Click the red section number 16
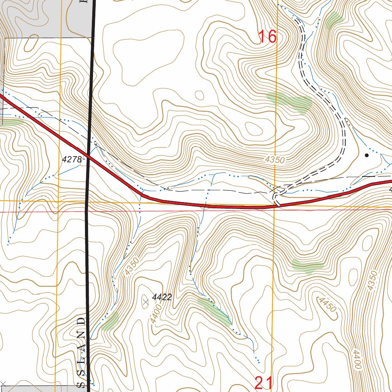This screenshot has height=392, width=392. coord(267,37)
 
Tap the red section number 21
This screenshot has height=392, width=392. coord(264,383)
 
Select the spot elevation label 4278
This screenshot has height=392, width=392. coord(72,160)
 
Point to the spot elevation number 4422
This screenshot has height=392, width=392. coord(162,297)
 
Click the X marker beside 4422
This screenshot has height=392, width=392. coord(145,302)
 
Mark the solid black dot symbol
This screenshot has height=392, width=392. coord(366,155)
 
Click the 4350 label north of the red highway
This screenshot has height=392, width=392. coord(274,160)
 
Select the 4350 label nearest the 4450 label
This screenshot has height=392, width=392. coord(371,280)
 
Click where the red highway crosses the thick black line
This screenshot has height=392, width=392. coord(89,155)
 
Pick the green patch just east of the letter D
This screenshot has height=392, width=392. coord(110,321)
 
